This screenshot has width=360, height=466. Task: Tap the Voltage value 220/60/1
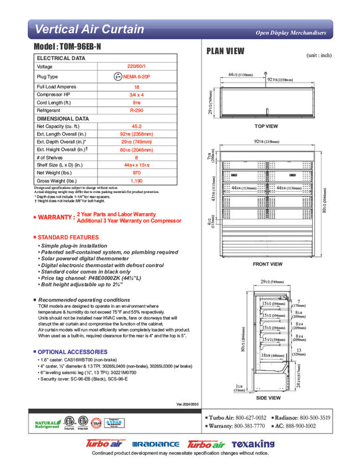coord(136,67)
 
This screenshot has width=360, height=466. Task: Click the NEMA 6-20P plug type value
coord(136,77)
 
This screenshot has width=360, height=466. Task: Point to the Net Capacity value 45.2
coord(136,126)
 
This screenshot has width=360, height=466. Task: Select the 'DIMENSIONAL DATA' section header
coord(63,118)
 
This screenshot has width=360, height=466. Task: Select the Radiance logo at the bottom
coord(156,444)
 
